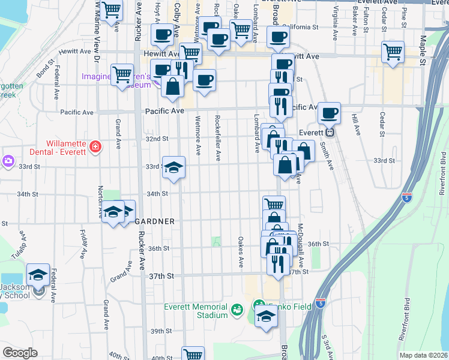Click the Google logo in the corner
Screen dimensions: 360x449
pyautogui.click(x=19, y=353)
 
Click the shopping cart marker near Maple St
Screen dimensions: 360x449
pyautogui.click(x=393, y=52)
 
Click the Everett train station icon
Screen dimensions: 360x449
pyautogui.click(x=329, y=133)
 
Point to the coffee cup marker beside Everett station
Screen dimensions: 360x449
pyautogui.click(x=328, y=113)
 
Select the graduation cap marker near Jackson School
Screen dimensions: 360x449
pyautogui.click(x=38, y=276)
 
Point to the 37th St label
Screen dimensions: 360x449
pyautogui.click(x=161, y=275)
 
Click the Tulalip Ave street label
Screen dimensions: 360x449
pyautogui.click(x=22, y=242)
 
